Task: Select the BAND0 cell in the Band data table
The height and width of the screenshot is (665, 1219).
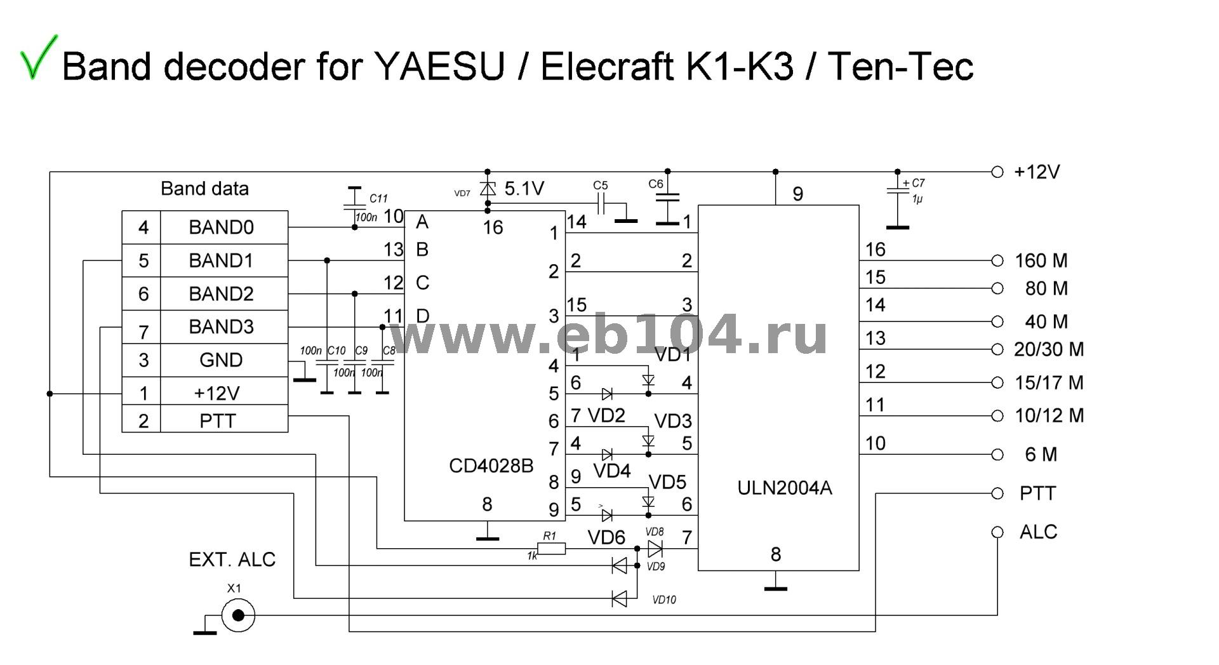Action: [x=221, y=227]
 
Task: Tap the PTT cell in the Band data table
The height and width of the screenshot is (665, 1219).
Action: [x=218, y=420]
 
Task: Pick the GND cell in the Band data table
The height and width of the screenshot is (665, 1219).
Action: [x=221, y=360]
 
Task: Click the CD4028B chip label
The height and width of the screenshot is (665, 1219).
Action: [x=491, y=466]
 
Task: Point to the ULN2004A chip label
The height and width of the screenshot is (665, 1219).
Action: [x=784, y=488]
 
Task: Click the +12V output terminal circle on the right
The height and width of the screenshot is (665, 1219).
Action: [x=997, y=171]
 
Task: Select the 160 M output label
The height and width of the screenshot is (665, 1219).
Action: [x=1041, y=260]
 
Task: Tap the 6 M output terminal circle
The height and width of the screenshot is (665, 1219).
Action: [x=997, y=455]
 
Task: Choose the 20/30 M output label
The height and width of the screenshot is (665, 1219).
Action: [x=1048, y=349]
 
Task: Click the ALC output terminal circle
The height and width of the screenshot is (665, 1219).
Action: [x=997, y=532]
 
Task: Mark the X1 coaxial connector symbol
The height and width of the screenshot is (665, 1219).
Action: [x=238, y=615]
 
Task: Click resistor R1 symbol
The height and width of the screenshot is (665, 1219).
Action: [x=551, y=548]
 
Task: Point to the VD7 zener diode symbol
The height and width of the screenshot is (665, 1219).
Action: [x=488, y=189]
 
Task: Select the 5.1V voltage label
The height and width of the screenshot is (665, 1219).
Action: [x=524, y=189]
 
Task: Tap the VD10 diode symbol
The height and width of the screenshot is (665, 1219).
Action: [x=619, y=598]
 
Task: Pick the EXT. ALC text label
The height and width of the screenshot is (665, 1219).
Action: [x=232, y=560]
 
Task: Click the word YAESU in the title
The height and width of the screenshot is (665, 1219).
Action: [x=440, y=66]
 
